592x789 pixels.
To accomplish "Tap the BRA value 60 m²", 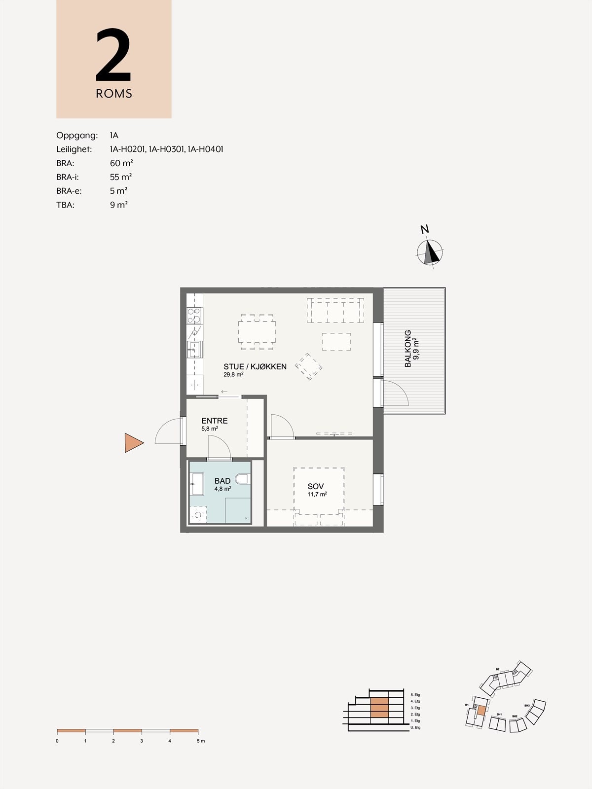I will pyautogui.click(x=121, y=163).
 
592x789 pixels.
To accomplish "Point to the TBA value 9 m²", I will pyautogui.click(x=119, y=205).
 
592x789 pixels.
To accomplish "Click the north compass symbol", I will pyautogui.click(x=430, y=252).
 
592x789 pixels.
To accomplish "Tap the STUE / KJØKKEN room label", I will pyautogui.click(x=255, y=366).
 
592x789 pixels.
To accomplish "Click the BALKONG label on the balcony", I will pyautogui.click(x=408, y=349).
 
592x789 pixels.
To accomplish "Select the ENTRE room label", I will pyautogui.click(x=215, y=421).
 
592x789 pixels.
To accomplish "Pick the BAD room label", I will pyautogui.click(x=222, y=481).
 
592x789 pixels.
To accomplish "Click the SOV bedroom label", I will pyautogui.click(x=316, y=486).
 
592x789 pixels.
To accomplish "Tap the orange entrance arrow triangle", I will pyautogui.click(x=133, y=443).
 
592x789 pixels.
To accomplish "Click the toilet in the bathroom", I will pyautogui.click(x=242, y=479).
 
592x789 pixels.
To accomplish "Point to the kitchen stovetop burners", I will pyautogui.click(x=194, y=315).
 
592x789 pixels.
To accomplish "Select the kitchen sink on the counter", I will pyautogui.click(x=194, y=349).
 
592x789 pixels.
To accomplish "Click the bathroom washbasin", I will pyautogui.click(x=197, y=484).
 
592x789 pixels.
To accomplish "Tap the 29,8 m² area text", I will pyautogui.click(x=233, y=374).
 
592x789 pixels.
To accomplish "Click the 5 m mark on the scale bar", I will pyautogui.click(x=198, y=741).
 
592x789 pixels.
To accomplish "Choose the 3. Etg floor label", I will pyautogui.click(x=415, y=708).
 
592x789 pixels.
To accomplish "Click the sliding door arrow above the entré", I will pyautogui.click(x=224, y=392).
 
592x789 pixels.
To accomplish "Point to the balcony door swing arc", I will pyautogui.click(x=401, y=392).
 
